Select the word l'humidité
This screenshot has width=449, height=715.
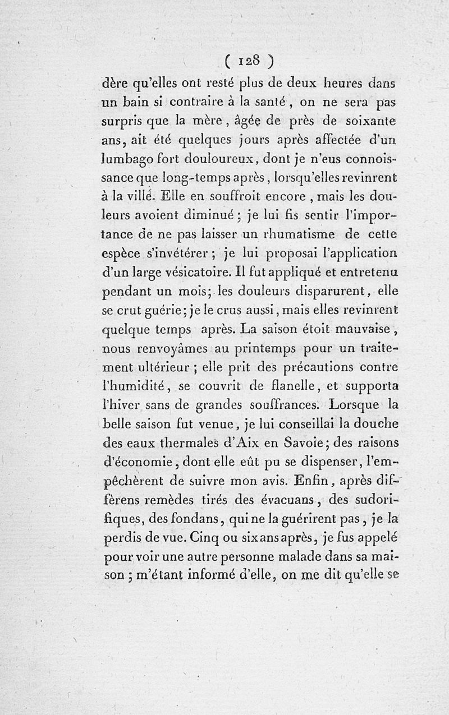[134, 386]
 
